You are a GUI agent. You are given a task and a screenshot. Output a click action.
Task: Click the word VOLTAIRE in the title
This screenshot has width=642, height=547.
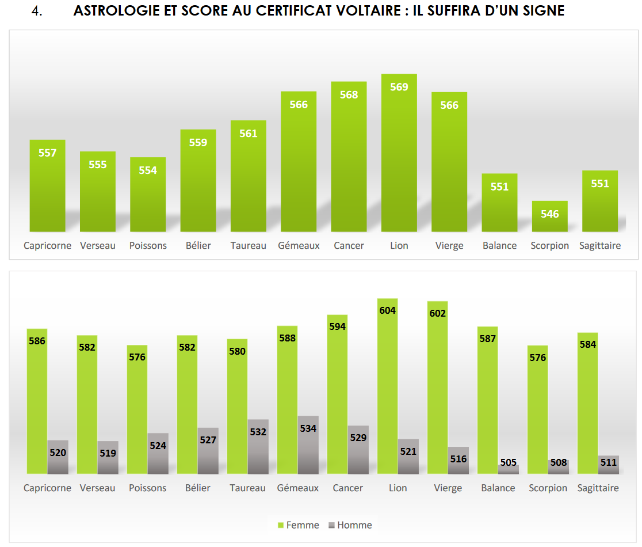[353, 12]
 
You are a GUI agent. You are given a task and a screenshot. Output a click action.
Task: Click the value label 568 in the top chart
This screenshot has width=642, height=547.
[349, 95]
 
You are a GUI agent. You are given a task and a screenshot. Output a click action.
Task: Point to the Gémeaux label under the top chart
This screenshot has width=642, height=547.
[299, 246]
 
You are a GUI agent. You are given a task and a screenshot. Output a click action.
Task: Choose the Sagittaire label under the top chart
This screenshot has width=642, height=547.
[599, 246]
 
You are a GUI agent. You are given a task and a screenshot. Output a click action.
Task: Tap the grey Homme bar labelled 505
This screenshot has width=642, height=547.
[509, 469]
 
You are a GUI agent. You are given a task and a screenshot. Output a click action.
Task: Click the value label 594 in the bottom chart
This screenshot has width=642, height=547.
[337, 326]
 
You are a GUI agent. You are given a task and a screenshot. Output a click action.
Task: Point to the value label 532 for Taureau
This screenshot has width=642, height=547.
[258, 432]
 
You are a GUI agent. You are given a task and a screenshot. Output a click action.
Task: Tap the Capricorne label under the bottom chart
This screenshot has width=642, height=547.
[47, 488]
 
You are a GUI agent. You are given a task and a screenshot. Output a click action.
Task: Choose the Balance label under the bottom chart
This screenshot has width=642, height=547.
[498, 488]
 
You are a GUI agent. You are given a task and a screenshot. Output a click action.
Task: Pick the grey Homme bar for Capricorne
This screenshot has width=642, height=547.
[58, 458]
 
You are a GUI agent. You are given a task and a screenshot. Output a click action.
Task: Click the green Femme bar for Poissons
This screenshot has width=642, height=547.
[137, 409]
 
